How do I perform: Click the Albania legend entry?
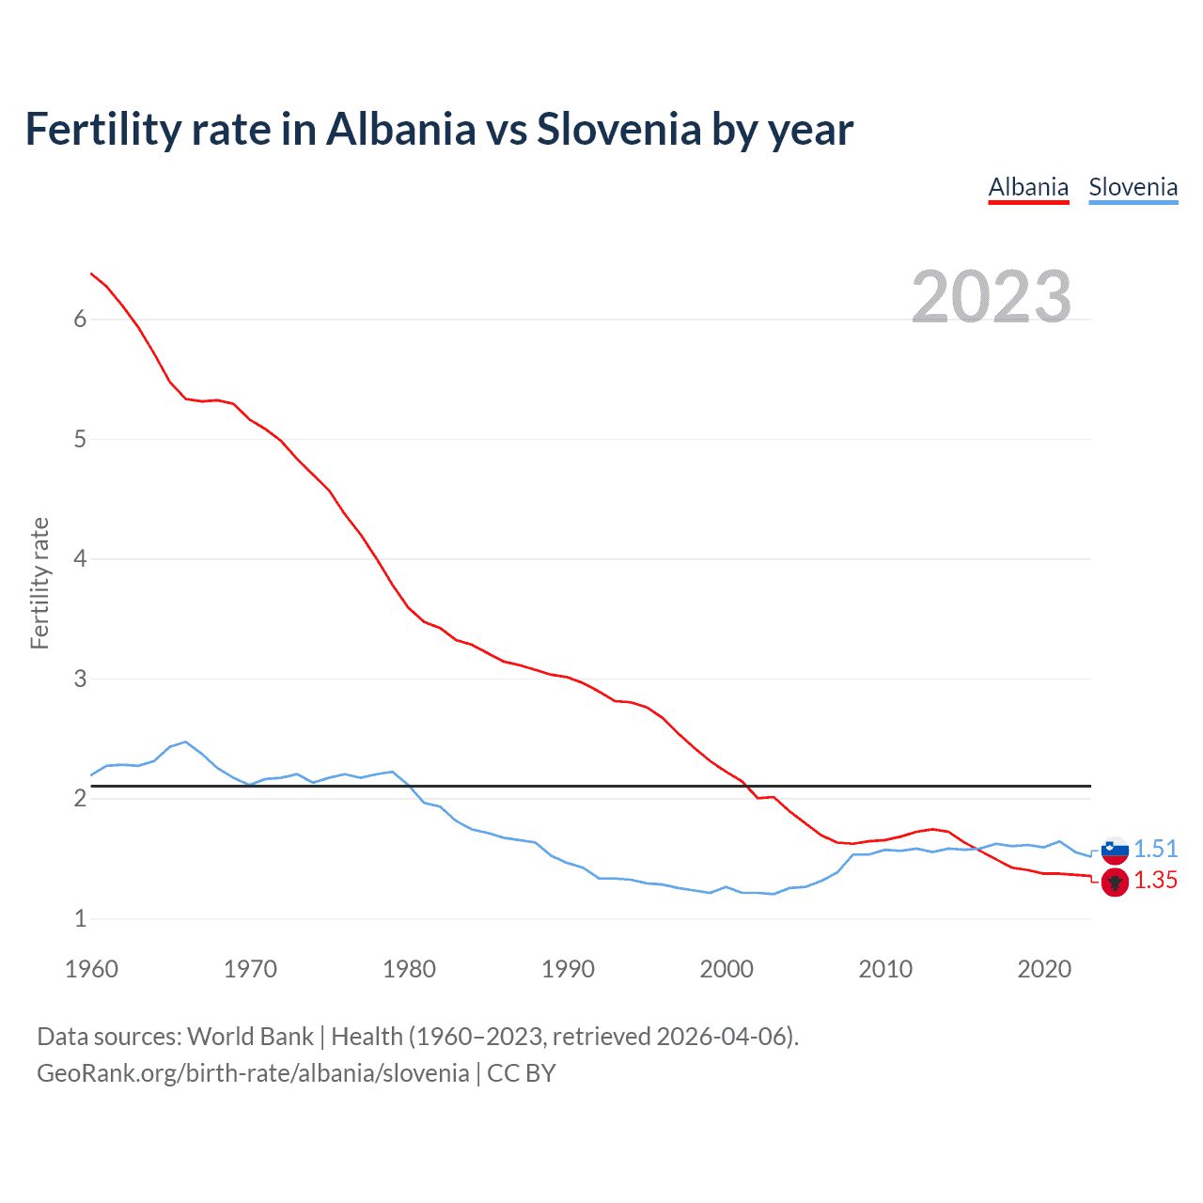(x=1028, y=187)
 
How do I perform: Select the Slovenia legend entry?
(x=1133, y=187)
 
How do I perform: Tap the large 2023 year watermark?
(x=992, y=297)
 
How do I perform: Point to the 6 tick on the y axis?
(x=80, y=320)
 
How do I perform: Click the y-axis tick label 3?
(x=80, y=679)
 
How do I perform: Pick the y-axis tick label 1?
(x=80, y=918)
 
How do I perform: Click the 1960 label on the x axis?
(x=91, y=969)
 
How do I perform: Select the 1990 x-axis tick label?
(x=568, y=969)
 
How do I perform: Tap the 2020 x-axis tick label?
(x=1044, y=969)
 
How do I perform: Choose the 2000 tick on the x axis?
(x=726, y=969)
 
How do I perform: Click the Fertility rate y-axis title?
(x=39, y=583)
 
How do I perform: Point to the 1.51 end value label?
(x=1155, y=849)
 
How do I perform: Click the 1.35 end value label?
(x=1155, y=881)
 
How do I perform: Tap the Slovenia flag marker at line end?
(x=1115, y=850)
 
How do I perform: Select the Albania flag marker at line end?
(x=1115, y=883)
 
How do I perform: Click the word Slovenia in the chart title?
(x=617, y=129)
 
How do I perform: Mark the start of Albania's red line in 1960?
(x=91, y=273)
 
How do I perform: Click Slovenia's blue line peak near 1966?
(x=186, y=742)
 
